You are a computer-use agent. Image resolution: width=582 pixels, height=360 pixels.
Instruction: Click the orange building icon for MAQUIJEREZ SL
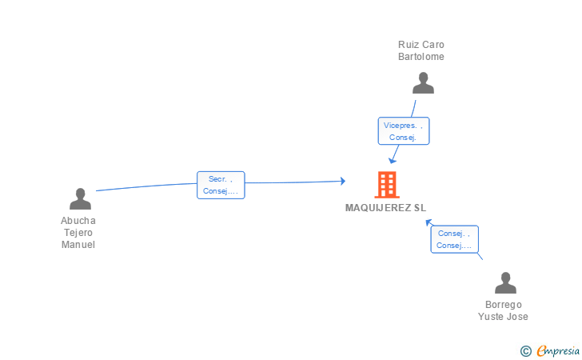coord(387,185)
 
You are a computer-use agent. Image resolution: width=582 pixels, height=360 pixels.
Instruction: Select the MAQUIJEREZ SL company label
coord(385,208)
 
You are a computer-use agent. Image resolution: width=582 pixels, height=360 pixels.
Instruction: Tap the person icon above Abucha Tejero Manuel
coord(80,198)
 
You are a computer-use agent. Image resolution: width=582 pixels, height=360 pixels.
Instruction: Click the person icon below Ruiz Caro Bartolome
coord(423,83)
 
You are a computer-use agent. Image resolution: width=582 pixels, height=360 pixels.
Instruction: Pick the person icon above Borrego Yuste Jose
coord(505,282)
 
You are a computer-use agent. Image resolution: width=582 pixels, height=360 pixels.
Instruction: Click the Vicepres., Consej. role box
coord(404,130)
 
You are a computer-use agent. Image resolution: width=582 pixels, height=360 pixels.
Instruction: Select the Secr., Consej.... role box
coord(221,185)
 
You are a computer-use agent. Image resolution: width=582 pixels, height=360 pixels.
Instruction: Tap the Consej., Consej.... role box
coord(454,239)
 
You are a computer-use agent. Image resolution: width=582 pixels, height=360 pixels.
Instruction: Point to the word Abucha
coord(78,221)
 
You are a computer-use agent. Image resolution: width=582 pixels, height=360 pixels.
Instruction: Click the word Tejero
coord(78,233)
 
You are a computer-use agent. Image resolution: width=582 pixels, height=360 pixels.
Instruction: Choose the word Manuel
coord(78,245)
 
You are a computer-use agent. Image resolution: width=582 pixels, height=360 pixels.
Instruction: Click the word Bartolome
coord(421,57)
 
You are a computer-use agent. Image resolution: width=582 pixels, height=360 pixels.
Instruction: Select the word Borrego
coord(504,305)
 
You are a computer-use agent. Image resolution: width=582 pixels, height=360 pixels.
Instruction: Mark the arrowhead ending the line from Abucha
coord(343,181)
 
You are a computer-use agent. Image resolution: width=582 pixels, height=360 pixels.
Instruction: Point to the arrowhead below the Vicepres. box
coord(392,161)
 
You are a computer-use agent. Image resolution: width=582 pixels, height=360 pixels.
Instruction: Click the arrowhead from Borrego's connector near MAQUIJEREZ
coord(429,222)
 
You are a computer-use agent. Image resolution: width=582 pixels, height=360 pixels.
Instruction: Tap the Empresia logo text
coord(558,350)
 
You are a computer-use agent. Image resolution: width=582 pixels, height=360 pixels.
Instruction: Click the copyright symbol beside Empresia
coord(525,351)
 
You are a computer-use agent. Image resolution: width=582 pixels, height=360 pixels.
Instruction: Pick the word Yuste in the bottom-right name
coord(492,317)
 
